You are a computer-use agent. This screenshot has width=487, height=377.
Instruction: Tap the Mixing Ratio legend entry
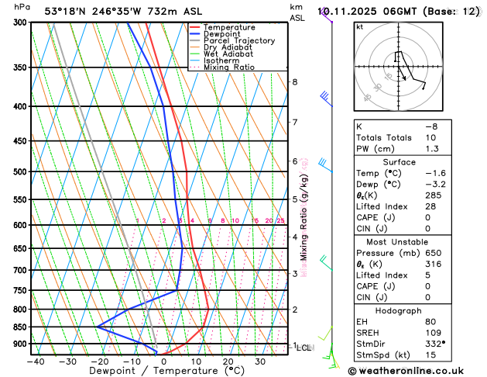click(x=228, y=67)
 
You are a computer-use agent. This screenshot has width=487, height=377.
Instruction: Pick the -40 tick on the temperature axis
click(x=36, y=361)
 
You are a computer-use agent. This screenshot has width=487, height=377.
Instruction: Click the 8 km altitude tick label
click(x=295, y=81)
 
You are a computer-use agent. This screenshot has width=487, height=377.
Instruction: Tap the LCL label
click(x=304, y=348)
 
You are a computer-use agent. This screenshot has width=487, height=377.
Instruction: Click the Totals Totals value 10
click(x=430, y=137)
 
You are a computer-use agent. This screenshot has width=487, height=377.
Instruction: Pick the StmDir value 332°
click(x=436, y=344)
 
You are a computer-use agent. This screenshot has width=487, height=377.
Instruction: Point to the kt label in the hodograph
click(x=359, y=26)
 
